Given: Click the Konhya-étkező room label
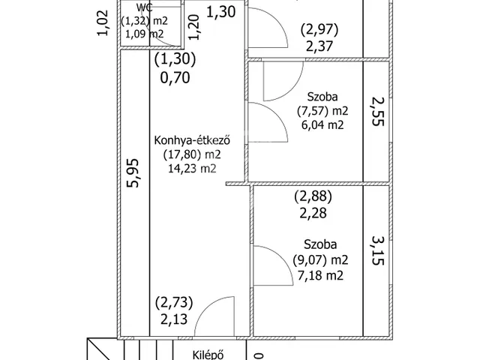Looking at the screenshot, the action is [x=192, y=140].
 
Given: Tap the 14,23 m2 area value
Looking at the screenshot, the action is [x=192, y=169].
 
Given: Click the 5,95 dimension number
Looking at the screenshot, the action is [x=134, y=173].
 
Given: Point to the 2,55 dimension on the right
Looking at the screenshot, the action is [x=378, y=111].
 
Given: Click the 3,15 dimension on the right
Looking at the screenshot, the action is [x=378, y=250].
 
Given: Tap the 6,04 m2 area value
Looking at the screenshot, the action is [x=322, y=125].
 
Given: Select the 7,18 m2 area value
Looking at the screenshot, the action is [x=320, y=275].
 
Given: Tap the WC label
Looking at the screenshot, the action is [x=144, y=7].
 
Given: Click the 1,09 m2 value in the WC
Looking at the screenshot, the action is [x=144, y=33].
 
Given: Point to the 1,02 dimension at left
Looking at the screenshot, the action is [x=103, y=23].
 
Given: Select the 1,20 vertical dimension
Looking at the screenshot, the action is [x=194, y=28].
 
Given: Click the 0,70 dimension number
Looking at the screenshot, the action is [x=175, y=77].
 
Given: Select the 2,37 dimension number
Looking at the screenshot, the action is [x=319, y=46].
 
